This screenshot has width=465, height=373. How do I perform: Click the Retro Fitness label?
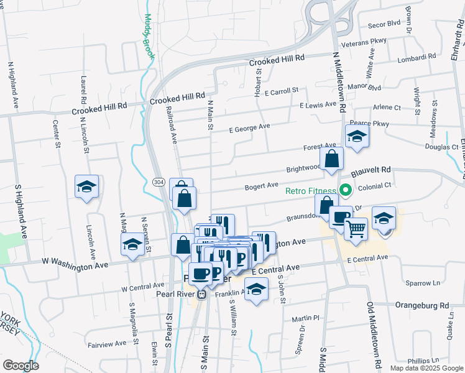(x=310, y=191)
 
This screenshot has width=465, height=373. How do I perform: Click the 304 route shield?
(x=159, y=181)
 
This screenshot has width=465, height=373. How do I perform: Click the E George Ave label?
(x=249, y=128)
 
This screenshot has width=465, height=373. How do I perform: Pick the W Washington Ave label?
(x=75, y=264)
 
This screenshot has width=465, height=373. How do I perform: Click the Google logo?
(x=21, y=366)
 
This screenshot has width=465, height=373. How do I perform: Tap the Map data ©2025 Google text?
(x=426, y=368)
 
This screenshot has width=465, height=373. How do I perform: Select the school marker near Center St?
(x=86, y=186)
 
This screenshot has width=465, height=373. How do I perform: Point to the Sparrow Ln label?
(x=422, y=283)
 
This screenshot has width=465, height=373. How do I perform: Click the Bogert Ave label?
(x=260, y=185)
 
